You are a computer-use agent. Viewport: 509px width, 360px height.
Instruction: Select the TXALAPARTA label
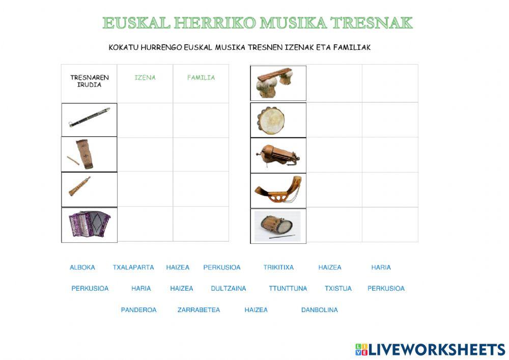point(133,267)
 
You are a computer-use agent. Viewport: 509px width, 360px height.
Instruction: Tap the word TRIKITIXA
point(278,267)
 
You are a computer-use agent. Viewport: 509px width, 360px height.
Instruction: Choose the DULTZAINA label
point(229,288)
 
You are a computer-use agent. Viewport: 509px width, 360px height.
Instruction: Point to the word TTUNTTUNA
point(288,288)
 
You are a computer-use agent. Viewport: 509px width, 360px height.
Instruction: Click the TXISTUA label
point(338,288)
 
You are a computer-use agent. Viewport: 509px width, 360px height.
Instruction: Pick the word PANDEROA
point(138,310)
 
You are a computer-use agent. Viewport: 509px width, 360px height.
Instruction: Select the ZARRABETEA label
point(199,310)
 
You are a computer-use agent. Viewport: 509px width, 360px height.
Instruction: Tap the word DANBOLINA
point(320,310)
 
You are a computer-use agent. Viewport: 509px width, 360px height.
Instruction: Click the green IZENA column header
point(145,78)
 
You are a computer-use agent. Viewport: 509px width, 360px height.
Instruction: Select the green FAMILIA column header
point(201,78)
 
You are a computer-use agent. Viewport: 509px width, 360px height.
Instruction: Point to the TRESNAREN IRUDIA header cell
point(90,81)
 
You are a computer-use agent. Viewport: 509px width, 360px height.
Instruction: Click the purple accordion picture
point(90,225)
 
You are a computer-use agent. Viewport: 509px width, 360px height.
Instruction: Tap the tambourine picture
point(271,120)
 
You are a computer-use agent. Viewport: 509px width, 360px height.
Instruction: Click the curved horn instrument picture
point(278,190)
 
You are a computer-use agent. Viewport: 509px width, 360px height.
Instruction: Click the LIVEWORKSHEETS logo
point(430,349)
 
